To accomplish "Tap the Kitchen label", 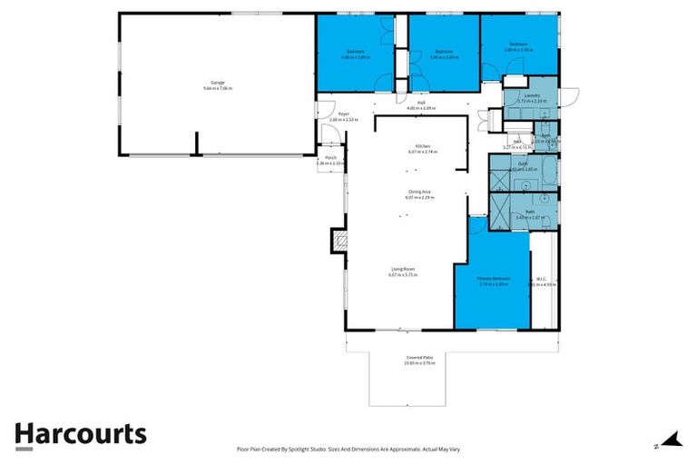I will (422, 145).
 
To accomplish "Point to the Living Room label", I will (403, 269).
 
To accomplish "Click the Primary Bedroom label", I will (495, 278).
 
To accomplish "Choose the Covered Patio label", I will (419, 358).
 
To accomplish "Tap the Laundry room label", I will (533, 95).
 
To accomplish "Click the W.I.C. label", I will (540, 278).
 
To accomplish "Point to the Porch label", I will (330, 158).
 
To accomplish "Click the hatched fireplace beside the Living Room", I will (340, 241).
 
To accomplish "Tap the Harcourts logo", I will (80, 434).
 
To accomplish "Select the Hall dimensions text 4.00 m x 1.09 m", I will (421, 108).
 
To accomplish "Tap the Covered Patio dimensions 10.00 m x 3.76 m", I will (419, 363).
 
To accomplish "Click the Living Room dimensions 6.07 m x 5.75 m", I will (403, 274).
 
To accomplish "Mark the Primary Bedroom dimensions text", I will (495, 283).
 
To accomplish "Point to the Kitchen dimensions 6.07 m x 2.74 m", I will (422, 151).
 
